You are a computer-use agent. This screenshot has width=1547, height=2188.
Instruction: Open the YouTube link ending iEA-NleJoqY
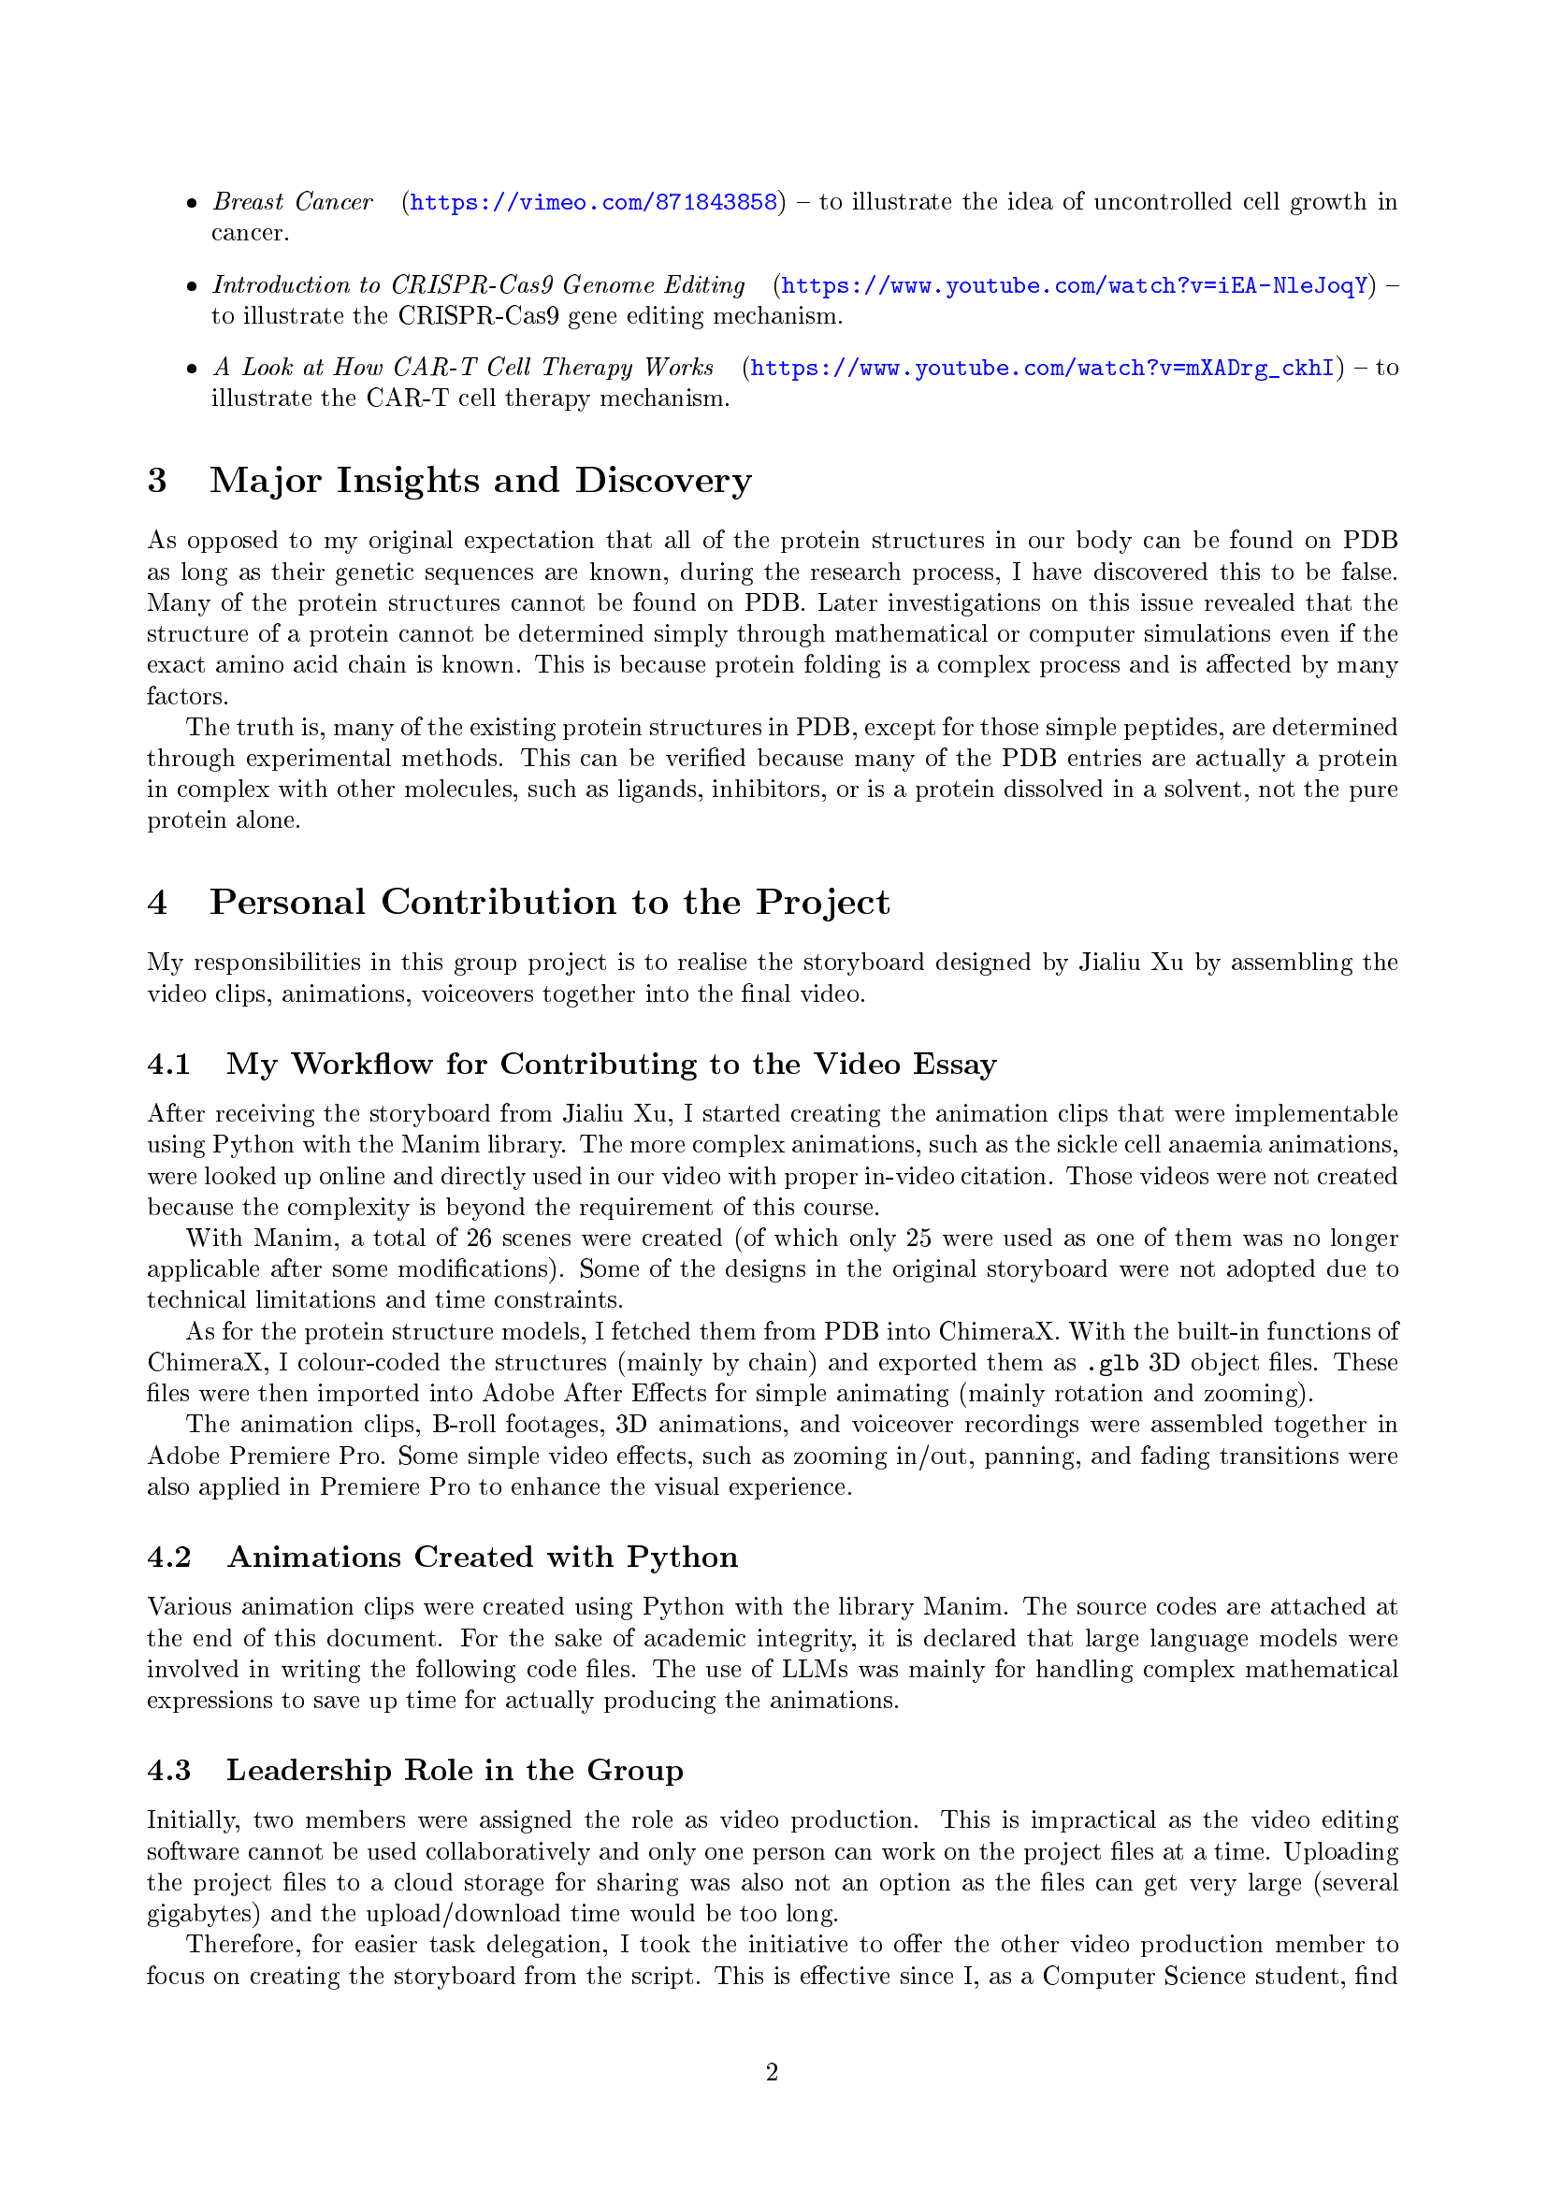[1075, 285]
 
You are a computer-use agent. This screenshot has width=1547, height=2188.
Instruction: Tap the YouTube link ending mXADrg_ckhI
[1042, 368]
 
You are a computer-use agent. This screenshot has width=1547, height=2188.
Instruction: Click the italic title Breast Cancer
[293, 202]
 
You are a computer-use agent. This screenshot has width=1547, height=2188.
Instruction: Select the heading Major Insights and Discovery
[480, 480]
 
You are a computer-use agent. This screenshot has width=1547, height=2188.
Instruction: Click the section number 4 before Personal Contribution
[157, 903]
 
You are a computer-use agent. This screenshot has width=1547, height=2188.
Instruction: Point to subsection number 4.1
[168, 1065]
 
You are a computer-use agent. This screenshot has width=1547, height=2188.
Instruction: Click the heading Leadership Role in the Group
[455, 1770]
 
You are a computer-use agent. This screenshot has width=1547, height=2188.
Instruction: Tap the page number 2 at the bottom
[772, 2072]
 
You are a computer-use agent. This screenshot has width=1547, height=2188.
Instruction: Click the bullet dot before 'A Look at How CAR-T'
[192, 369]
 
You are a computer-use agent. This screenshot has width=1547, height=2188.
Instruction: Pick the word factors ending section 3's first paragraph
[187, 697]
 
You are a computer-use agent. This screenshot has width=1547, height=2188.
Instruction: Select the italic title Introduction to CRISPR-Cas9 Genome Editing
[478, 285]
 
